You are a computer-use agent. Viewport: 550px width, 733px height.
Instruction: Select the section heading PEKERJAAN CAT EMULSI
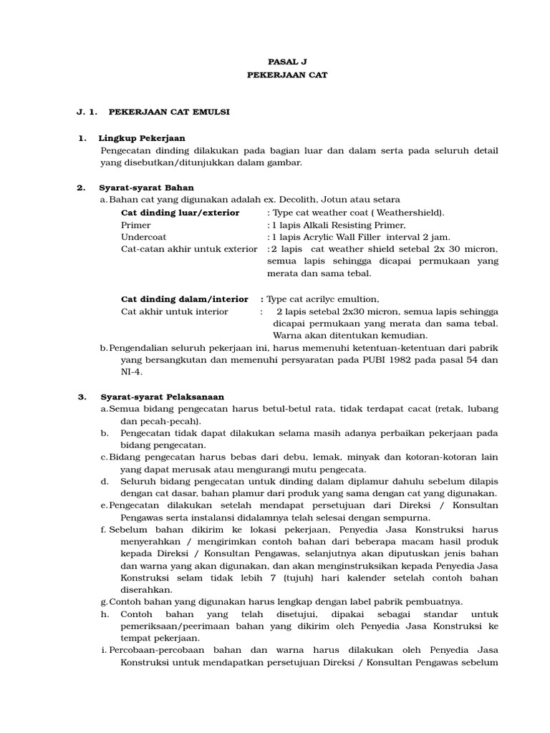click(168, 112)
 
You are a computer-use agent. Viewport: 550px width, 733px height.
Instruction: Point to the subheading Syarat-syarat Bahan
click(146, 188)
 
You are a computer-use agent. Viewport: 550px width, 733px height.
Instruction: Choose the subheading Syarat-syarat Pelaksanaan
click(162, 397)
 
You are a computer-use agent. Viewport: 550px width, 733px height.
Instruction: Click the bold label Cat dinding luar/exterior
click(180, 213)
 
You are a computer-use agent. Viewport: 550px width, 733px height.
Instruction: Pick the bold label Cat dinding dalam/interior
click(185, 299)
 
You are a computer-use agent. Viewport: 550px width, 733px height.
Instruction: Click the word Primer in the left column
click(136, 225)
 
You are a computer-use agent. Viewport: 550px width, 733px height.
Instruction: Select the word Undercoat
click(143, 237)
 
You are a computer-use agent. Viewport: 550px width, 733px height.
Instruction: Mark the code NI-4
click(131, 372)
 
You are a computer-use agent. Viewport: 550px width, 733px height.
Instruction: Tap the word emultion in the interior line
click(356, 299)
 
